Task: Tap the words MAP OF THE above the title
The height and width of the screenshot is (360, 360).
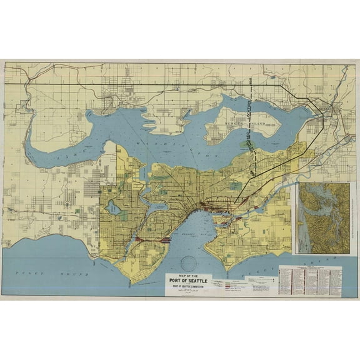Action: coord(187,275)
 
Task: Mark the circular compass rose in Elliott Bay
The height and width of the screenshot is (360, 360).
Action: coord(187,264)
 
